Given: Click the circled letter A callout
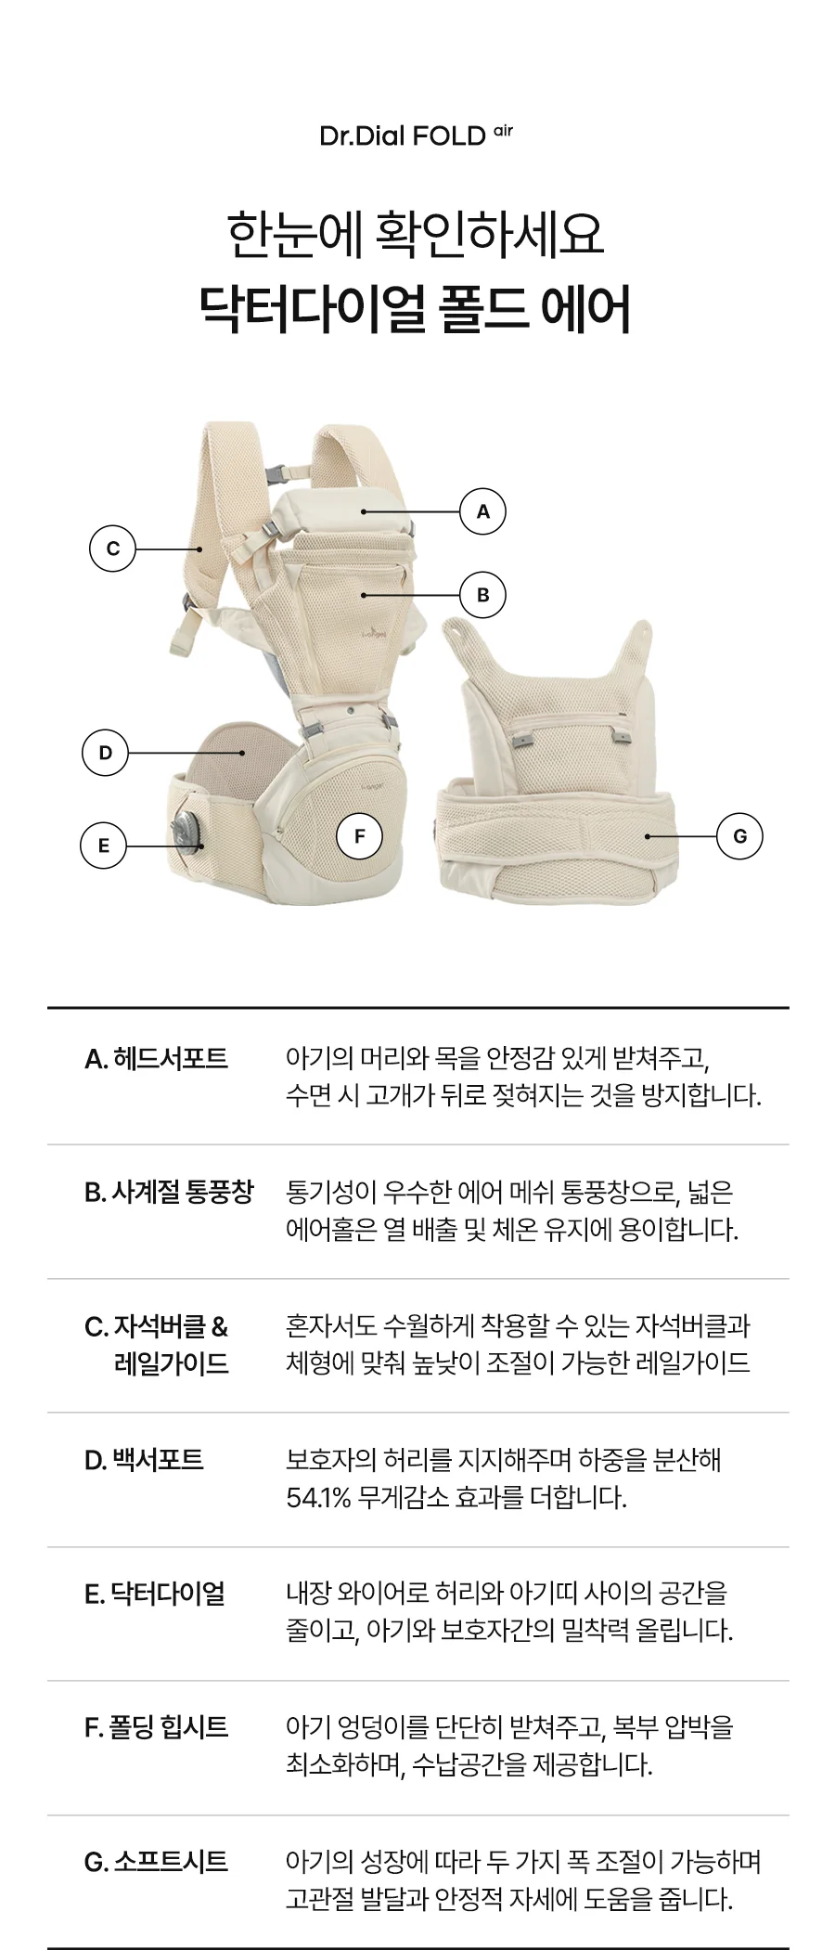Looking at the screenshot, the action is coord(482,511).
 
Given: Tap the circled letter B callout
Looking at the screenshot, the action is coord(482,595).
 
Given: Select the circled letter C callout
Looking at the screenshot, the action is coord(112,549).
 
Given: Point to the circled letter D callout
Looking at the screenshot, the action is coord(105,753).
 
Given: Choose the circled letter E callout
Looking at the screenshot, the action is coord(103,846).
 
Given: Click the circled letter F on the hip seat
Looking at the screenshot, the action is coord(360,837).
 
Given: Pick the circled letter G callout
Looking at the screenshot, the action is coord(739,836).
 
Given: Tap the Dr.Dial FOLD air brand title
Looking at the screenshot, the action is coord(416,136).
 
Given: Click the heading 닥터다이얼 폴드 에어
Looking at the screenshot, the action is coord(417,310).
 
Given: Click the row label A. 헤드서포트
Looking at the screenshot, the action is coord(156,1058).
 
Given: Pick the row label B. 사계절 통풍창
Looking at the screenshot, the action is coord(168,1193).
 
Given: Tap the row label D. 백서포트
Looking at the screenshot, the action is coord(144,1460).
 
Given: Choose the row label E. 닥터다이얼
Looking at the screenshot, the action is coord(155,1594).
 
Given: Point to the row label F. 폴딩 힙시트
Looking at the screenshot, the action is coord(156,1727).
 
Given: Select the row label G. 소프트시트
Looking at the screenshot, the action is coord(156,1862).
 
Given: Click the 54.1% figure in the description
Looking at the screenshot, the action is coord(319,1498).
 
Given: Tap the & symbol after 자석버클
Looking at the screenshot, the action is coord(219,1327).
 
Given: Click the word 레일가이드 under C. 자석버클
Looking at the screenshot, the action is coord(172,1364).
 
